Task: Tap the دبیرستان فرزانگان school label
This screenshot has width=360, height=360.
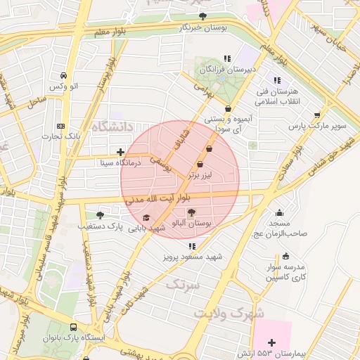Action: [227, 70]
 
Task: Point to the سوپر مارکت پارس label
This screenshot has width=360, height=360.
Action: [319, 127]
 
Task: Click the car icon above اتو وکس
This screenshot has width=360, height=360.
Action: [63, 75]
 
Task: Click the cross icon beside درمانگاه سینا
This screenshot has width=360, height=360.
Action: [120, 151]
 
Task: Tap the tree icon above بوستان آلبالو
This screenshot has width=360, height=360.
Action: [192, 212]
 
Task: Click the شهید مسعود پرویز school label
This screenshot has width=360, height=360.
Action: [195, 257]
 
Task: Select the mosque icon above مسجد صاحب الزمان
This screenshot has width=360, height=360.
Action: [280, 213]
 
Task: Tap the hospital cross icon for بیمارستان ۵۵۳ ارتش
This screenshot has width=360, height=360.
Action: [272, 342]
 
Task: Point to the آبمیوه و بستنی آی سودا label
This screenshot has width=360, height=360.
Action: [227, 125]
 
